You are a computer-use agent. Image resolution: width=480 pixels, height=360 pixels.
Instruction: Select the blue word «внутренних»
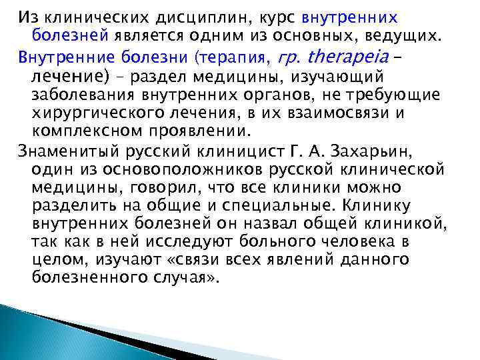click(x=360, y=17)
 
